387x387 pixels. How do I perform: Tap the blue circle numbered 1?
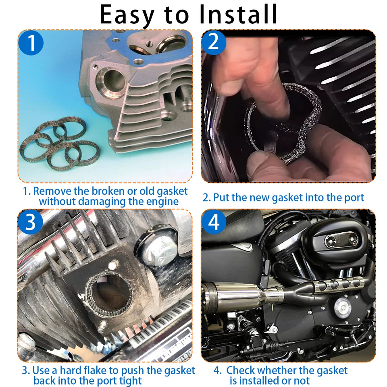point(31,44)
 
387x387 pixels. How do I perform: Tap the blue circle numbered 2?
point(214,42)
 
